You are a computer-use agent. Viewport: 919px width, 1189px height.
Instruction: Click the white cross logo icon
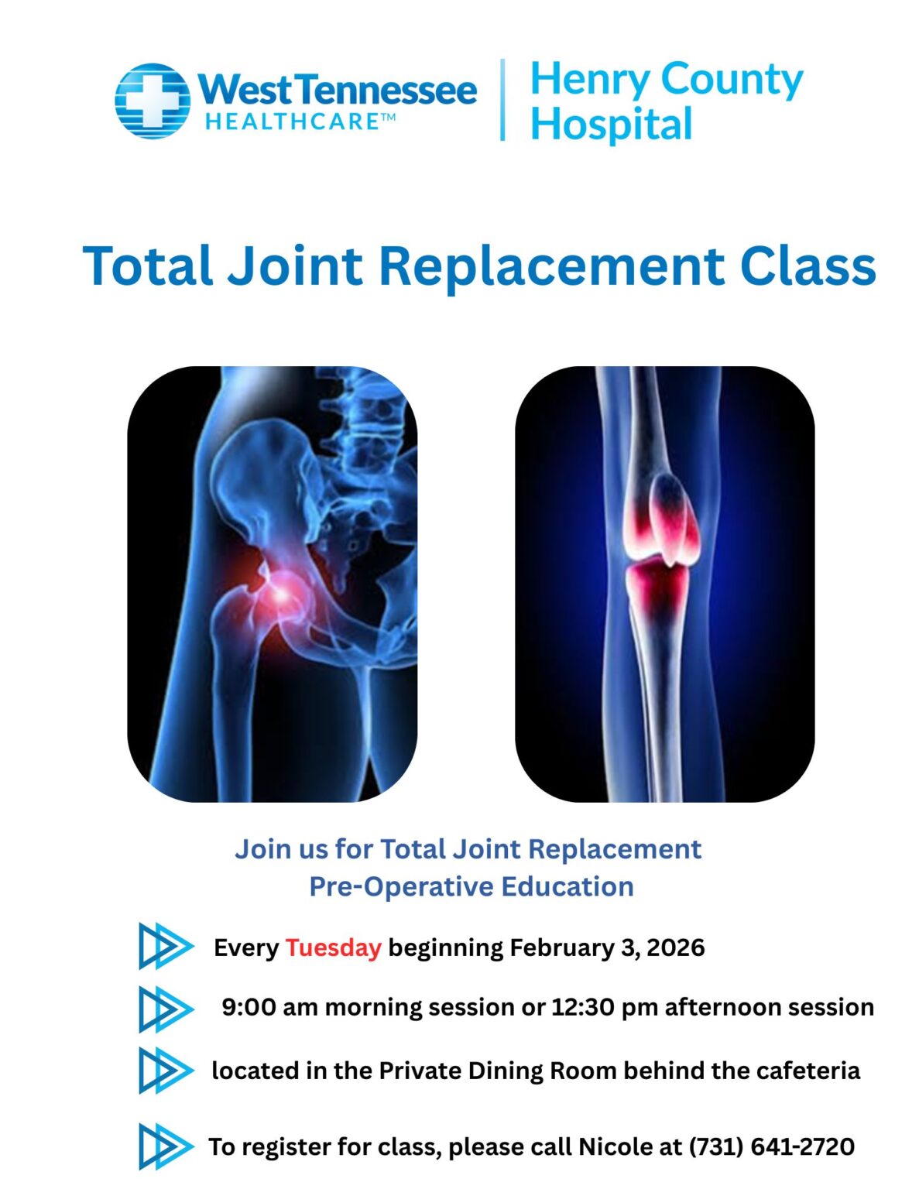(153, 101)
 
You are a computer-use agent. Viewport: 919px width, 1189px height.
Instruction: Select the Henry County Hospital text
(666, 101)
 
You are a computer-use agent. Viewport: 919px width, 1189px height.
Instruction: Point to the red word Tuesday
(333, 947)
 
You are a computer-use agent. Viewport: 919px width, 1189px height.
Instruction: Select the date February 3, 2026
(607, 947)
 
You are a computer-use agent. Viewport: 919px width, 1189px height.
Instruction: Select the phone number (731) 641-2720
(771, 1146)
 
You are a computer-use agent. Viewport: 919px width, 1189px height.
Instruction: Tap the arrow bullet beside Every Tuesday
(163, 946)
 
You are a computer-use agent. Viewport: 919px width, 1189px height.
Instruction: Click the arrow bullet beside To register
(163, 1146)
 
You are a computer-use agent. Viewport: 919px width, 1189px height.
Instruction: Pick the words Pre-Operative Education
(471, 886)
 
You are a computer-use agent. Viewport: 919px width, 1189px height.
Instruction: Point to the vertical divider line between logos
(503, 100)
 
